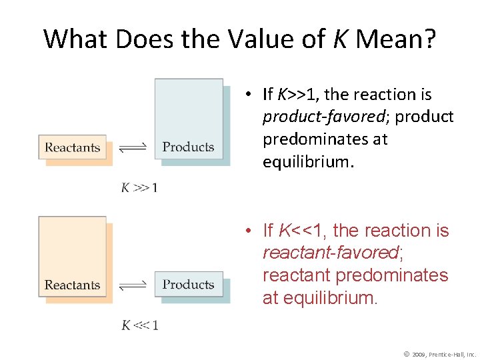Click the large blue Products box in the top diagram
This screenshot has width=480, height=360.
189,120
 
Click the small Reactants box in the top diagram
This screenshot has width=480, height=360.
72,147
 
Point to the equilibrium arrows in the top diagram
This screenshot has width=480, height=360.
132,148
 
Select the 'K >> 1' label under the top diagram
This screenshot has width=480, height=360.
139,188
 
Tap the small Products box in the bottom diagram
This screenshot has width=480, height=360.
189,285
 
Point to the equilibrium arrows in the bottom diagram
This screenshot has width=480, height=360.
132,285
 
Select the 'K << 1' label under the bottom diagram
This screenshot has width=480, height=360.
139,325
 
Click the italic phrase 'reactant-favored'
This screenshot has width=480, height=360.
329,253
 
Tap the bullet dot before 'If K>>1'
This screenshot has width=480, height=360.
247,95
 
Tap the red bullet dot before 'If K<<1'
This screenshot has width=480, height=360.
247,231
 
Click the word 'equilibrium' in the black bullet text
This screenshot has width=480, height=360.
306,162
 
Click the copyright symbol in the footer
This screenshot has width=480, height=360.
407,353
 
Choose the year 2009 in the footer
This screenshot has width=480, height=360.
420,354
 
